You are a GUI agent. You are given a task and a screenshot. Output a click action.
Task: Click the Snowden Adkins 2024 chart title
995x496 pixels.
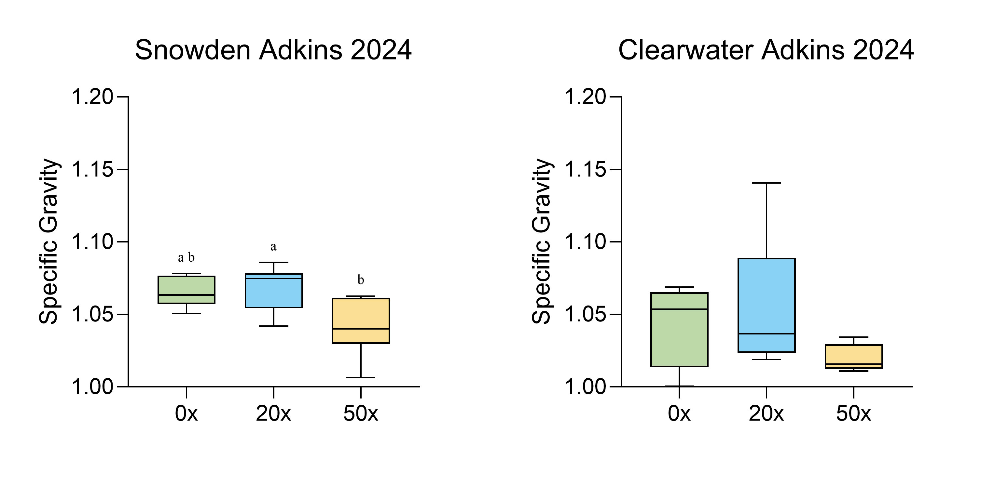click(273, 50)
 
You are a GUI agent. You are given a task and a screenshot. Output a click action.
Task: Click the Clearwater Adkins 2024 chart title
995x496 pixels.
click(766, 50)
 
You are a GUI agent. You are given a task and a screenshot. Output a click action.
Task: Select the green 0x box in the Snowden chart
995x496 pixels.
click(187, 290)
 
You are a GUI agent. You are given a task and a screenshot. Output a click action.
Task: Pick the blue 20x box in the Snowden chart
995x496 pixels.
click(273, 291)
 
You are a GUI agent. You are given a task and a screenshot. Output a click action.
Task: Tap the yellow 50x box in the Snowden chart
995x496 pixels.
click(361, 320)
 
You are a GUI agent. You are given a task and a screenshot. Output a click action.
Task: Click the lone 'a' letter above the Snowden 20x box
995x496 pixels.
click(273, 246)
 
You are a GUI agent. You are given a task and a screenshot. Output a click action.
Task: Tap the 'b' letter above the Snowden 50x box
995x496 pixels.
click(361, 280)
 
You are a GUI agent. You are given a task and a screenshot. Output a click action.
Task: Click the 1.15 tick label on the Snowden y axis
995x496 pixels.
click(93, 169)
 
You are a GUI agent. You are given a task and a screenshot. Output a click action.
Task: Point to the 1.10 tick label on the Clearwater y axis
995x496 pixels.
click(586, 242)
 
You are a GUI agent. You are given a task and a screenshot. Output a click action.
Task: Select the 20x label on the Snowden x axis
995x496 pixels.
click(273, 414)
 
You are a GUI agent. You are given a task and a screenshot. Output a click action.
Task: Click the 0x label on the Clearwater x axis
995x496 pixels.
click(679, 414)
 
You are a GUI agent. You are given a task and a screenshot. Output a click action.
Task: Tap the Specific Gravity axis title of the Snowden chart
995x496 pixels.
click(49, 241)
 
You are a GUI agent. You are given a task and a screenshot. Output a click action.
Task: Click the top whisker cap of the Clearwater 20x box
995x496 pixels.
click(766, 183)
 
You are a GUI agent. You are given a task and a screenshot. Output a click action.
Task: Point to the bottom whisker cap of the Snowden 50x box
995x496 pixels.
click(361, 377)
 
